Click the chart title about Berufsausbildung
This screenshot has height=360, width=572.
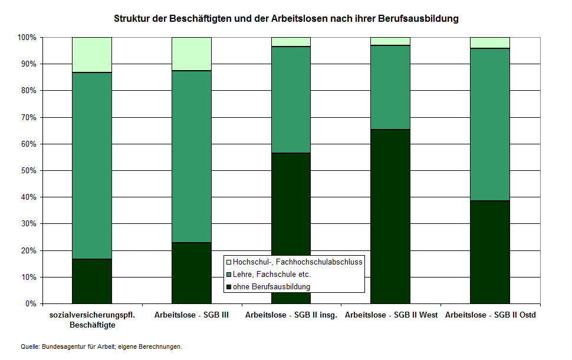point(286,19)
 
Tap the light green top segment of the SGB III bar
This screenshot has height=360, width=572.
point(191,54)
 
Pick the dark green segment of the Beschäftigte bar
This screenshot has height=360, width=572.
point(91,281)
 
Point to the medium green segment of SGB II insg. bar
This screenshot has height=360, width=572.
point(291,100)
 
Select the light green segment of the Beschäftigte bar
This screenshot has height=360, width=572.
point(91,55)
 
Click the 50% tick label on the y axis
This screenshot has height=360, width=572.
point(28,171)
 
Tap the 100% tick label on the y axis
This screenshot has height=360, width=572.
point(27,38)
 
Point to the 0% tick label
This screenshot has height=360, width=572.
point(30,304)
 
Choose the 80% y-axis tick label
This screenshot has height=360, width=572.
point(28,91)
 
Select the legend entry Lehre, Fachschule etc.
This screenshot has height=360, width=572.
point(271,274)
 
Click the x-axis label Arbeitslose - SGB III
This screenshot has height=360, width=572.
point(191,315)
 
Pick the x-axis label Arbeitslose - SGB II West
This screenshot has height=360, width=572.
point(391,315)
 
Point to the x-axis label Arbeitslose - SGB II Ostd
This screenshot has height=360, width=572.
point(490,315)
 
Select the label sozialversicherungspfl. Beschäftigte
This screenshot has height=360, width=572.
point(92,320)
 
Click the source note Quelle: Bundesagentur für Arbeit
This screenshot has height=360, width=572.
point(101,346)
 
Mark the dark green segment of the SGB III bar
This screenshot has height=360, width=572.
point(191,273)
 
